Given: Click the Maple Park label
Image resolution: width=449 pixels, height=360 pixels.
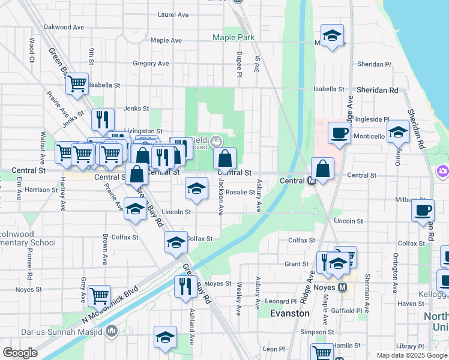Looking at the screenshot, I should (234, 37).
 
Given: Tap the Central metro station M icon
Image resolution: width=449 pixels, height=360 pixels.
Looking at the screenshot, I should (312, 181).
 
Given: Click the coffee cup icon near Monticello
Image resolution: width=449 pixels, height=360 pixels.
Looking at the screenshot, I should (339, 132).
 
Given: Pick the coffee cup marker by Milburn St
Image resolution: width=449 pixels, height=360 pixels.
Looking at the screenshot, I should (423, 209).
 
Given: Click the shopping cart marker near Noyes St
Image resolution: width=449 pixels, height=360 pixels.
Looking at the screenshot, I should (98, 295).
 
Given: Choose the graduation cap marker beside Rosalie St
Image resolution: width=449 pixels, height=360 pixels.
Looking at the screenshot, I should (196, 188).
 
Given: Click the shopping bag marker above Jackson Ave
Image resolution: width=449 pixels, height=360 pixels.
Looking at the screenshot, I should (224, 159).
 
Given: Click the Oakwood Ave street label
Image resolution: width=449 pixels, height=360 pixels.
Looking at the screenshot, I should (64, 27).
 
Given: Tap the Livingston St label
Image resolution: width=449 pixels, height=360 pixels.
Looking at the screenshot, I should (143, 131).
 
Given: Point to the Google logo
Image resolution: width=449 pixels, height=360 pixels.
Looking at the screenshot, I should (20, 353).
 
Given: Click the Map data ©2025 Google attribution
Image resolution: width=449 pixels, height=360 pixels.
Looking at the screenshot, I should (412, 355).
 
